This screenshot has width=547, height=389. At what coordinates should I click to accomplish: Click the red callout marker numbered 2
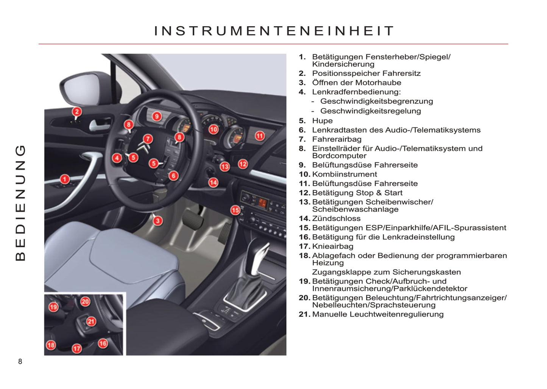click(x=77, y=112)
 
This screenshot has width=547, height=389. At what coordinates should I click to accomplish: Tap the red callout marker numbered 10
click(x=214, y=129)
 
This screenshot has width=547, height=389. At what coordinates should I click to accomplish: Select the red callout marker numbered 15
click(x=235, y=210)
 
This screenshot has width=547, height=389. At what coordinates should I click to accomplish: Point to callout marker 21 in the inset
click(x=91, y=322)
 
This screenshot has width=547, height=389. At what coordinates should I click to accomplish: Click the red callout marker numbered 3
click(x=158, y=221)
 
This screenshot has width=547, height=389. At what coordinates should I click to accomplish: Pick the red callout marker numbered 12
click(x=243, y=164)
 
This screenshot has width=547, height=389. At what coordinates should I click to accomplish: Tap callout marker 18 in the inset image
click(x=51, y=345)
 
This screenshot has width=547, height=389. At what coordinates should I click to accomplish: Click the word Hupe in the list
click(x=323, y=121)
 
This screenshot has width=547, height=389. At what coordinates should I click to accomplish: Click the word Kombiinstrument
click(x=344, y=174)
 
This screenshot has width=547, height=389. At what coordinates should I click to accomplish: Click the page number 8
click(x=20, y=361)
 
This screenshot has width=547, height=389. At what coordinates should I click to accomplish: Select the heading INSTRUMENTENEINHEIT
click(x=274, y=31)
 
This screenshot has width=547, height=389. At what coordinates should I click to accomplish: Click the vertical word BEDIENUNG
click(x=20, y=203)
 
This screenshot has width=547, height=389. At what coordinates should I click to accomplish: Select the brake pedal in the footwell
click(x=193, y=220)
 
